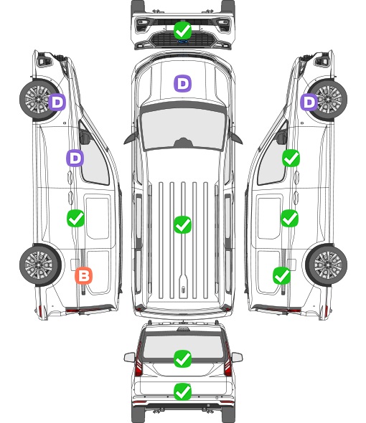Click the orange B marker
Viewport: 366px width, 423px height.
point(83,276)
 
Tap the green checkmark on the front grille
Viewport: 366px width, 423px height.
point(182,31)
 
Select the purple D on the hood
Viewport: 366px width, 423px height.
point(182,83)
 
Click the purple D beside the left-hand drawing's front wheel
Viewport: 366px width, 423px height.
point(57,103)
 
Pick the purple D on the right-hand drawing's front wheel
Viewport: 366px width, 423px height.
point(309,103)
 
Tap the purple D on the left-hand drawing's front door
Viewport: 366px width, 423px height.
point(75,158)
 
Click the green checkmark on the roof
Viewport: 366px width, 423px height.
point(182,224)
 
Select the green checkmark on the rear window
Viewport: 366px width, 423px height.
point(182,358)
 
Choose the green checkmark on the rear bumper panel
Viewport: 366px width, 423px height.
point(182,391)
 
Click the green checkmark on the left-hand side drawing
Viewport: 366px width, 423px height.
point(75,218)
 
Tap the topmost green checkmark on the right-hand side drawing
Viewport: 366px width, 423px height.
point(291,158)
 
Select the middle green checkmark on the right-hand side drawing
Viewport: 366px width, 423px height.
point(289,218)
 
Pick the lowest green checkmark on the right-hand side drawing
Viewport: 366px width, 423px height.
point(282,275)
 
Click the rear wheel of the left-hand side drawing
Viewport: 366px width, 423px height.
point(39,265)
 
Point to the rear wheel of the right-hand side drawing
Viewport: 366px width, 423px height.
point(327,265)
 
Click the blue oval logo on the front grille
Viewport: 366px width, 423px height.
point(182,42)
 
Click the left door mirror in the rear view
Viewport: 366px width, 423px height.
point(130,357)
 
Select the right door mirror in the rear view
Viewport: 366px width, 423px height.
point(237,357)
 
